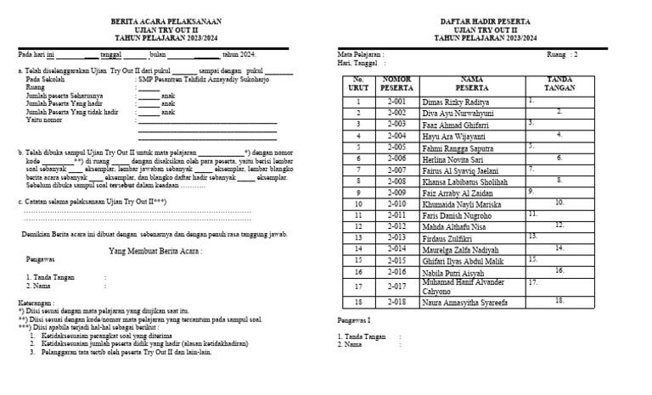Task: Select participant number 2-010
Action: click(x=396, y=203)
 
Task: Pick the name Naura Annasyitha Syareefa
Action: click(x=464, y=302)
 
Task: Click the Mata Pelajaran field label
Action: click(x=362, y=53)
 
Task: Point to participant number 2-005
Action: click(x=396, y=146)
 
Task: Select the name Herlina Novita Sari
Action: click(x=457, y=158)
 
